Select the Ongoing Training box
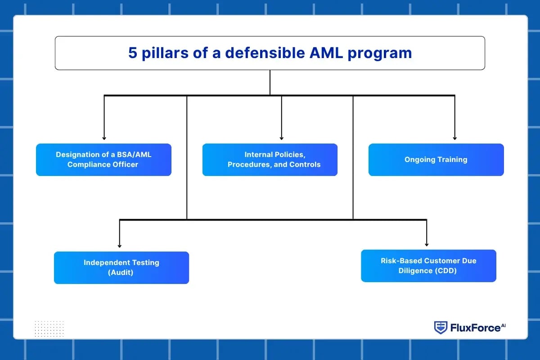(x=436, y=159)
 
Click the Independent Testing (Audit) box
(x=121, y=267)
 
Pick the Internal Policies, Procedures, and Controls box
(x=270, y=159)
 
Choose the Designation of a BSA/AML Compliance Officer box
(x=103, y=159)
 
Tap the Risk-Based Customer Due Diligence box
(x=428, y=265)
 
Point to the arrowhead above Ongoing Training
(x=454, y=138)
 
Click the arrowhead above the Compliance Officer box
(x=104, y=138)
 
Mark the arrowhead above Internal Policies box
(x=282, y=138)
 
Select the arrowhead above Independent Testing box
(x=120, y=245)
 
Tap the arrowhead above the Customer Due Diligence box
(x=426, y=244)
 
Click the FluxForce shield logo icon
(x=441, y=328)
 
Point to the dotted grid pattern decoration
(x=49, y=328)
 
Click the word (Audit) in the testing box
(x=121, y=272)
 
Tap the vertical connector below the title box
(x=270, y=82)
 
